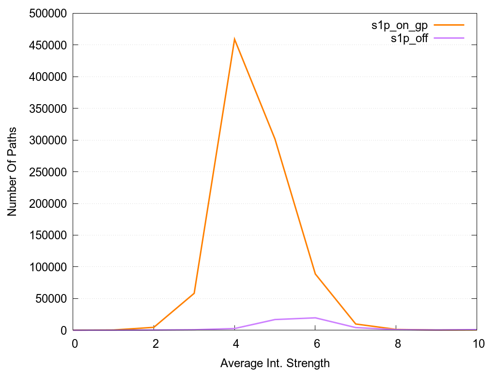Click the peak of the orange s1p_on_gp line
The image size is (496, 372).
click(234, 39)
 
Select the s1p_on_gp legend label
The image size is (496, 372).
click(400, 26)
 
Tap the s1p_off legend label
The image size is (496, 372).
click(409, 39)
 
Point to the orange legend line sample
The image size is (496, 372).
click(449, 25)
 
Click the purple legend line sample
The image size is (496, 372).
click(449, 38)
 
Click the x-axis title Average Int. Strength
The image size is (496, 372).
click(275, 363)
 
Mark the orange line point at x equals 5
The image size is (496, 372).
click(275, 139)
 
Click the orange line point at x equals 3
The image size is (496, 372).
click(194, 293)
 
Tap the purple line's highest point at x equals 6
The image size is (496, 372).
click(315, 318)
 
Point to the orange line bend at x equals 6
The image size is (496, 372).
click(315, 274)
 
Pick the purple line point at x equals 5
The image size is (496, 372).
click(275, 320)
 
